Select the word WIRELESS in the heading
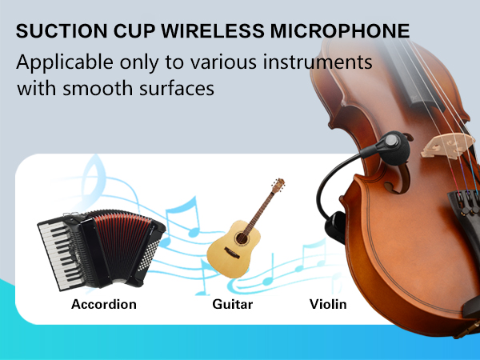pos(206,32)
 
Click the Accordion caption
pos(104,304)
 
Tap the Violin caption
pos(328,304)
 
